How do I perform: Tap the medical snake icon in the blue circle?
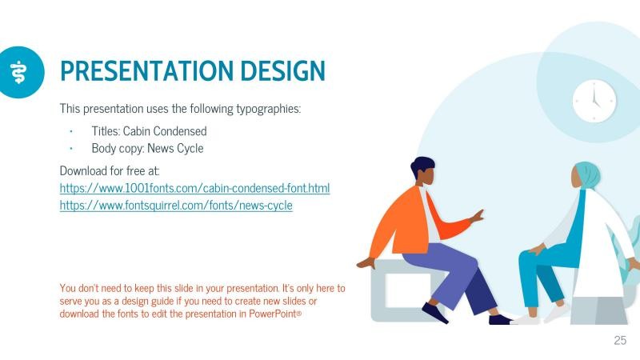click(18, 71)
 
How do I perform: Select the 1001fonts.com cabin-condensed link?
click(194, 188)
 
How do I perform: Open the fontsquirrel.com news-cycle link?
click(176, 206)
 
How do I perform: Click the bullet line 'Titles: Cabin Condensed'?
click(149, 130)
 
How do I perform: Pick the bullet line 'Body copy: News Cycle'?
click(147, 148)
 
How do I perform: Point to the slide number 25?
click(620, 341)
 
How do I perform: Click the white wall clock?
click(594, 101)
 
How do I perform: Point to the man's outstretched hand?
click(478, 215)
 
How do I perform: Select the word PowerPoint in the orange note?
click(273, 314)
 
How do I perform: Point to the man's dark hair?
click(422, 167)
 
